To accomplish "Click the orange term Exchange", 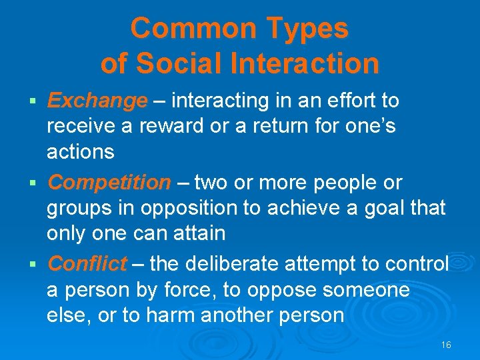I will point(97,101).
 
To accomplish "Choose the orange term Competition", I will point(109,182).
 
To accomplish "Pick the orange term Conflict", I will point(87,264).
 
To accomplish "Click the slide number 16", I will point(446,345).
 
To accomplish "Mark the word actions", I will point(80,152).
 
